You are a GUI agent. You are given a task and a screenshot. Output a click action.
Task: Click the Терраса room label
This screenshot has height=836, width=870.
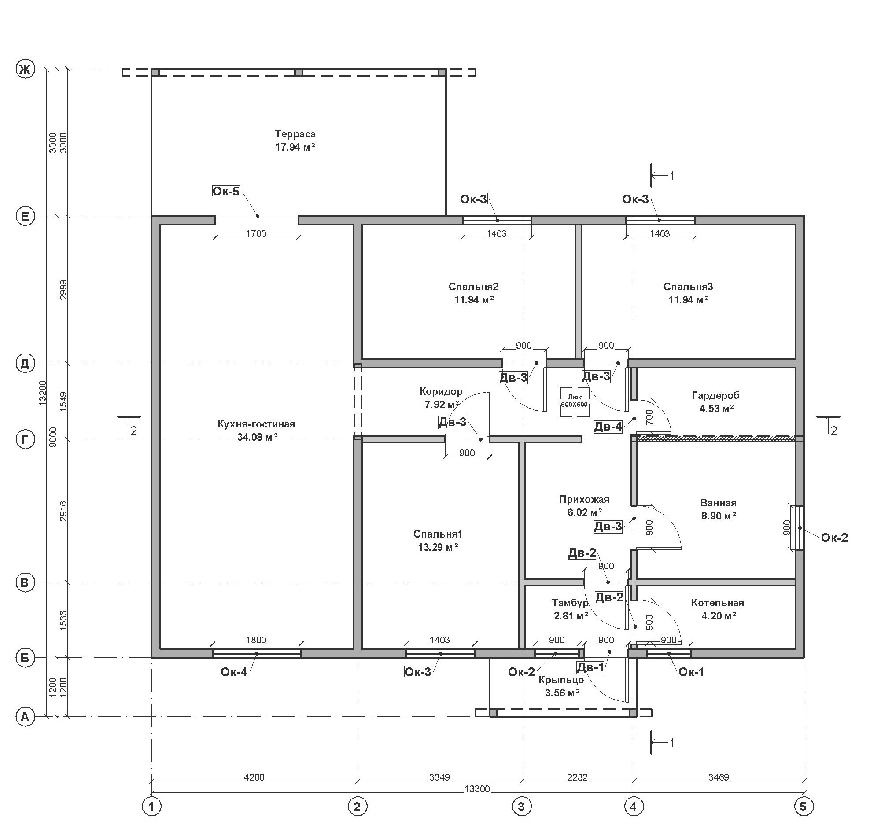tap(295, 134)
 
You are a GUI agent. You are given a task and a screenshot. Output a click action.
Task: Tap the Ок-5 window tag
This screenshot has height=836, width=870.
tap(226, 191)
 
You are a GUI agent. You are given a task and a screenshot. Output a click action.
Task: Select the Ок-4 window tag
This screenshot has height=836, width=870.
tap(234, 672)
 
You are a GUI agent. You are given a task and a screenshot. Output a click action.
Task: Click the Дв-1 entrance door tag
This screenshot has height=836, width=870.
tap(590, 667)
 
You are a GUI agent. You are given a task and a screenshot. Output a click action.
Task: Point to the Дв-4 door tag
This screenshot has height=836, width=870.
tap(608, 427)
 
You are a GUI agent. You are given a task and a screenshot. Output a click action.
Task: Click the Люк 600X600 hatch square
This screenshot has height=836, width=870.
tap(575, 402)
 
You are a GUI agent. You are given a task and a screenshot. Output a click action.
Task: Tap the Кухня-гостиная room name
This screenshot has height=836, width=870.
tap(256, 424)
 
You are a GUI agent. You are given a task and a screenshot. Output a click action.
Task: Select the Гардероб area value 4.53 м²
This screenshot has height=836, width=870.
tap(716, 408)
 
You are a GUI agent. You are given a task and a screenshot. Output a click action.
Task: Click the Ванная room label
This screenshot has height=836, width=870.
tap(718, 503)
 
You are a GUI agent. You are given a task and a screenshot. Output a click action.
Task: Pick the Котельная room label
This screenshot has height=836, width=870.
tap(718, 603)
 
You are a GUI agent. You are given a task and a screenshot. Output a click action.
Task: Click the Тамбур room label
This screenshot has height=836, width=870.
tap(570, 603)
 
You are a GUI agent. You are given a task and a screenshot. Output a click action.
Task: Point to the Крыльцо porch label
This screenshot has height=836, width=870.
tap(561, 679)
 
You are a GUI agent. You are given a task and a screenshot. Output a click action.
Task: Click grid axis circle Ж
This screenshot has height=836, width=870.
tap(25, 69)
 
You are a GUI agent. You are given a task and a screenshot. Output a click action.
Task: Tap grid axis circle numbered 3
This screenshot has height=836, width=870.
tap(522, 806)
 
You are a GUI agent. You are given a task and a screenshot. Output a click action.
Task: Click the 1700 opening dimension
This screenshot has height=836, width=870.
tap(256, 234)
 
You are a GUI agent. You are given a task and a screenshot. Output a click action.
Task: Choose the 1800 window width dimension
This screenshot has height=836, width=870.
tap(256, 640)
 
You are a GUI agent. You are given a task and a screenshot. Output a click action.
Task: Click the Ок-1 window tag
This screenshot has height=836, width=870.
tap(691, 672)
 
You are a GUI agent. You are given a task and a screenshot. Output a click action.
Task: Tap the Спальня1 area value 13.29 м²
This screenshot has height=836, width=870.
tap(438, 547)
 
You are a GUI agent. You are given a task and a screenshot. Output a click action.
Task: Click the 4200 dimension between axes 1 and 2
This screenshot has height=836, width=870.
tap(254, 777)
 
